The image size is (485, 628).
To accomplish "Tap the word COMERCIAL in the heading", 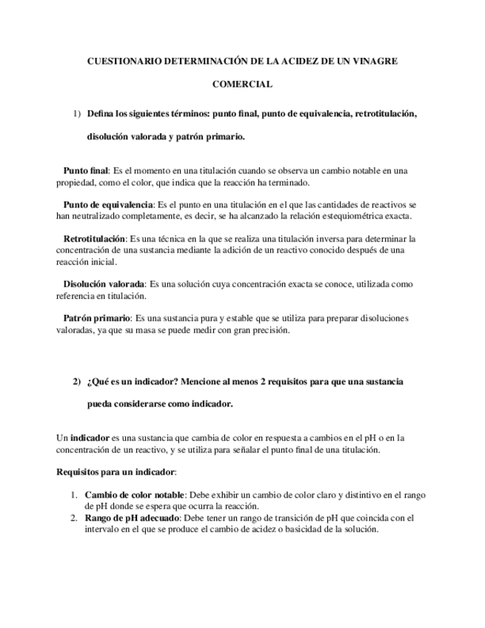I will (x=242, y=84).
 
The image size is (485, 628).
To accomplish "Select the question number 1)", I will (x=76, y=114).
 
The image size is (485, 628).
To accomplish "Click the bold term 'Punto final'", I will (x=86, y=170).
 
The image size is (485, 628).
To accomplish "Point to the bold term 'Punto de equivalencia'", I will (x=107, y=204).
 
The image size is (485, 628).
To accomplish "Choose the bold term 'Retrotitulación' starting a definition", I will (x=94, y=239).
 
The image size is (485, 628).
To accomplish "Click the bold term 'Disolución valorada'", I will (x=104, y=284).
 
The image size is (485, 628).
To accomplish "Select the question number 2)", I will (x=76, y=382).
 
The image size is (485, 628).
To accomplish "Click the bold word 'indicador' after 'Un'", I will (x=90, y=438).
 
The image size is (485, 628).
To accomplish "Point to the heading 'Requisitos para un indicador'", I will (x=116, y=472).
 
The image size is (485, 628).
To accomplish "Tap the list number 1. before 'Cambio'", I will (x=75, y=495).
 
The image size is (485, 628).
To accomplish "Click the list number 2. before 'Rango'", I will (x=75, y=518).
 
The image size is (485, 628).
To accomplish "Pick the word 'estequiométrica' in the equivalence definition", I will (x=346, y=216).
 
